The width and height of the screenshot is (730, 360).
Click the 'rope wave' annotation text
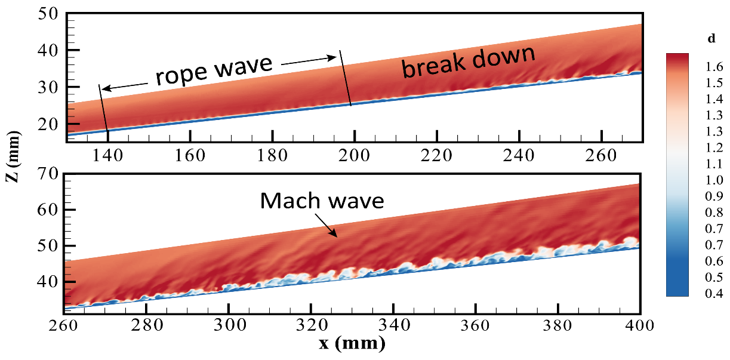(214, 70)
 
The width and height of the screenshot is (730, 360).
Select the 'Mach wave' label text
(322, 201)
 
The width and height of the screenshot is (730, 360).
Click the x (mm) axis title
(352, 343)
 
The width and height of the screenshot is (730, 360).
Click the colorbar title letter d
(711, 39)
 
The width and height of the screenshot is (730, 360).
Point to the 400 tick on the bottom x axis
(640, 326)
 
